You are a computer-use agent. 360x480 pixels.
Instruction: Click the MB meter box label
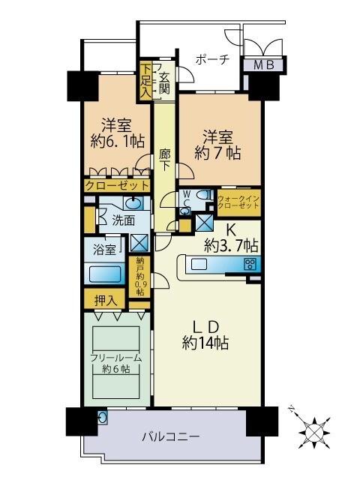263,66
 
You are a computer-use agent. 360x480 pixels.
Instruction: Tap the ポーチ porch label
211,60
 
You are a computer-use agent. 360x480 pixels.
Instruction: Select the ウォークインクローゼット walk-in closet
238,199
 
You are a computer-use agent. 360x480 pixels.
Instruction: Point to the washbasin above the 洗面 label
132,203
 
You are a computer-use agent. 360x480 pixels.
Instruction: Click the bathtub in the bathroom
105,274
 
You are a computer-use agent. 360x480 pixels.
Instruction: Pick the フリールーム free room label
116,363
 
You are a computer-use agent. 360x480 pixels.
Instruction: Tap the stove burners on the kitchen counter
250,263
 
